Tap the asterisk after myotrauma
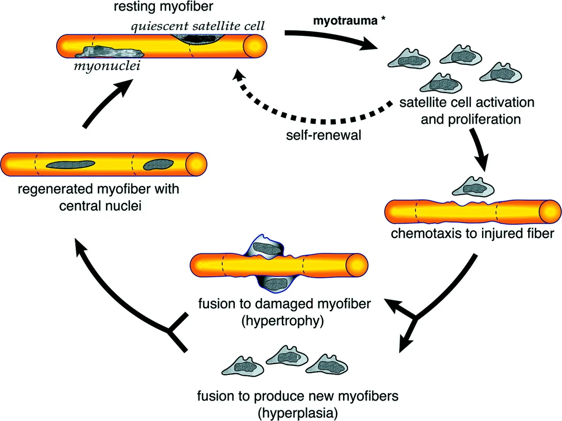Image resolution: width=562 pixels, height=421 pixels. click(383, 20)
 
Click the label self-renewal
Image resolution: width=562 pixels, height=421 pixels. click(324, 135)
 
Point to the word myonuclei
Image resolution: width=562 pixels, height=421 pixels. click(107, 66)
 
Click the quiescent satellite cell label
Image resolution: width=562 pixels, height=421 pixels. click(198, 26)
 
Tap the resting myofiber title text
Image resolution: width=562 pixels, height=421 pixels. click(163, 7)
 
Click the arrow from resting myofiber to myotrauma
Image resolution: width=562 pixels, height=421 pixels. click(329, 38)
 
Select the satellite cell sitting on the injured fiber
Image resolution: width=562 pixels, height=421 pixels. click(472, 186)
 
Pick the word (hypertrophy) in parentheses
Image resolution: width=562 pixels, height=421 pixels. click(283, 321)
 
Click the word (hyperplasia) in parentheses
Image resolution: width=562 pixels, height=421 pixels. click(297, 413)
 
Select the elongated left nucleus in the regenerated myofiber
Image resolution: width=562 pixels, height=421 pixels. click(70, 164)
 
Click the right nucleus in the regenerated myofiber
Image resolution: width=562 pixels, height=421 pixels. click(159, 164)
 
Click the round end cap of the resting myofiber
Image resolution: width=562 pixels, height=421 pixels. click(255, 46)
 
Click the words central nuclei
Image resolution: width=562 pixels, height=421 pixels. click(100, 206)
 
